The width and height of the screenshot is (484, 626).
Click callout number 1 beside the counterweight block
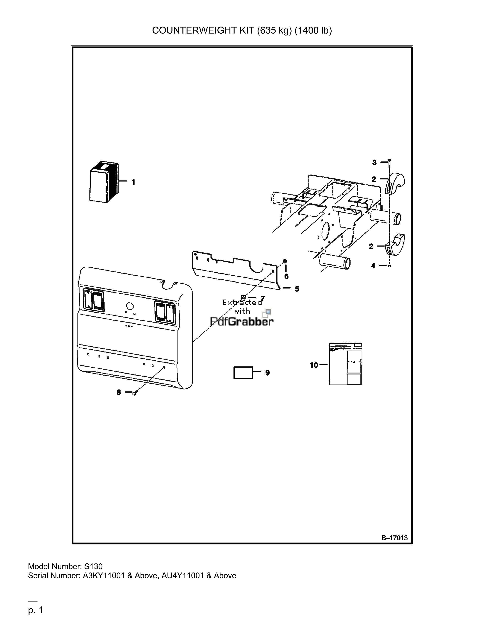133,182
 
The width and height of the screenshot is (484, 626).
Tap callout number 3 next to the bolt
374,163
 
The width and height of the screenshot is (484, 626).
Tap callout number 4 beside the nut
373,266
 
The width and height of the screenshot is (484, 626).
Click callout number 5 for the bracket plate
297,289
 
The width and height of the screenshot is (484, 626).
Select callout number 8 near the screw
119,392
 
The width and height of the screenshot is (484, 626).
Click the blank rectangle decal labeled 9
243,373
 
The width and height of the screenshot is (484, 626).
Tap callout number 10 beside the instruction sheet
314,365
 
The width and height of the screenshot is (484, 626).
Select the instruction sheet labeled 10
345,364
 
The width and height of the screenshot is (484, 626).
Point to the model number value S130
93,566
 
